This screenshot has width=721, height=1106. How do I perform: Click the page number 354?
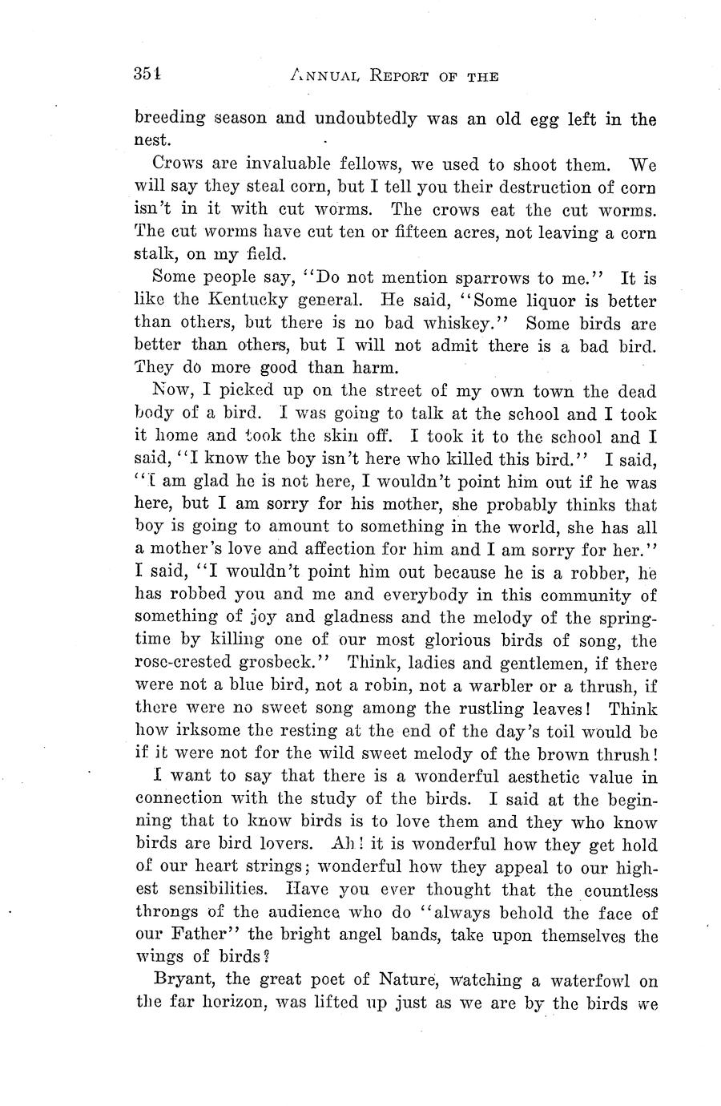coord(148,75)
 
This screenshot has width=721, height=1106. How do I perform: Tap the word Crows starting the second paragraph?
coord(175,165)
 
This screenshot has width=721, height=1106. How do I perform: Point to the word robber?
coord(591,573)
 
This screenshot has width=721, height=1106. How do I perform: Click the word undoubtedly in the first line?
coord(366,119)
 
